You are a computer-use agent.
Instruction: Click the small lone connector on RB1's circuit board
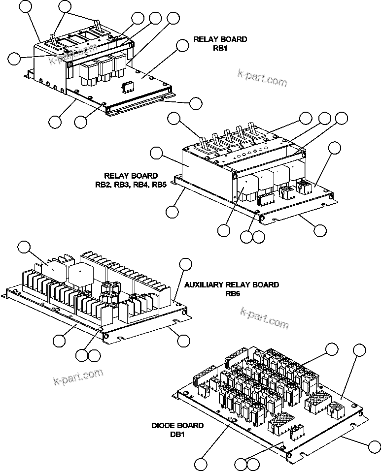(x=127, y=87)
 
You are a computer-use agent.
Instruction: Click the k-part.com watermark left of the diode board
(x=78, y=377)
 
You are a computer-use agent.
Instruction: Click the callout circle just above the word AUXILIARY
(x=185, y=264)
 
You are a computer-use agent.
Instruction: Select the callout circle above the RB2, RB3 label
(x=157, y=153)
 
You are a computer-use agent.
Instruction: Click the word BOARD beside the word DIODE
(x=190, y=426)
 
